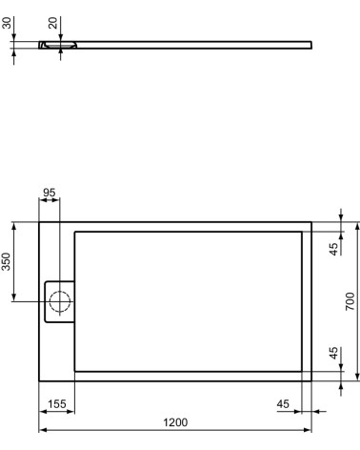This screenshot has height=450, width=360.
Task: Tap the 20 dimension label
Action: pos(53,21)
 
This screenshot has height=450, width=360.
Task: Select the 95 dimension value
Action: pos(50,193)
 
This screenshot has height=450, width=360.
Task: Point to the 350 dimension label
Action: pos(8,264)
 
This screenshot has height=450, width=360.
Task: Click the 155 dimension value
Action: pos(56,404)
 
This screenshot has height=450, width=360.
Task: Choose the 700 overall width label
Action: pos(350,302)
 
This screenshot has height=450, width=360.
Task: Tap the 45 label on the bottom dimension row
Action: pos(283,404)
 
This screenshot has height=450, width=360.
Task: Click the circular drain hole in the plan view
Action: pos(60,302)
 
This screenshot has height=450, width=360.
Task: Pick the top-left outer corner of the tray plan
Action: pos(38,223)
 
